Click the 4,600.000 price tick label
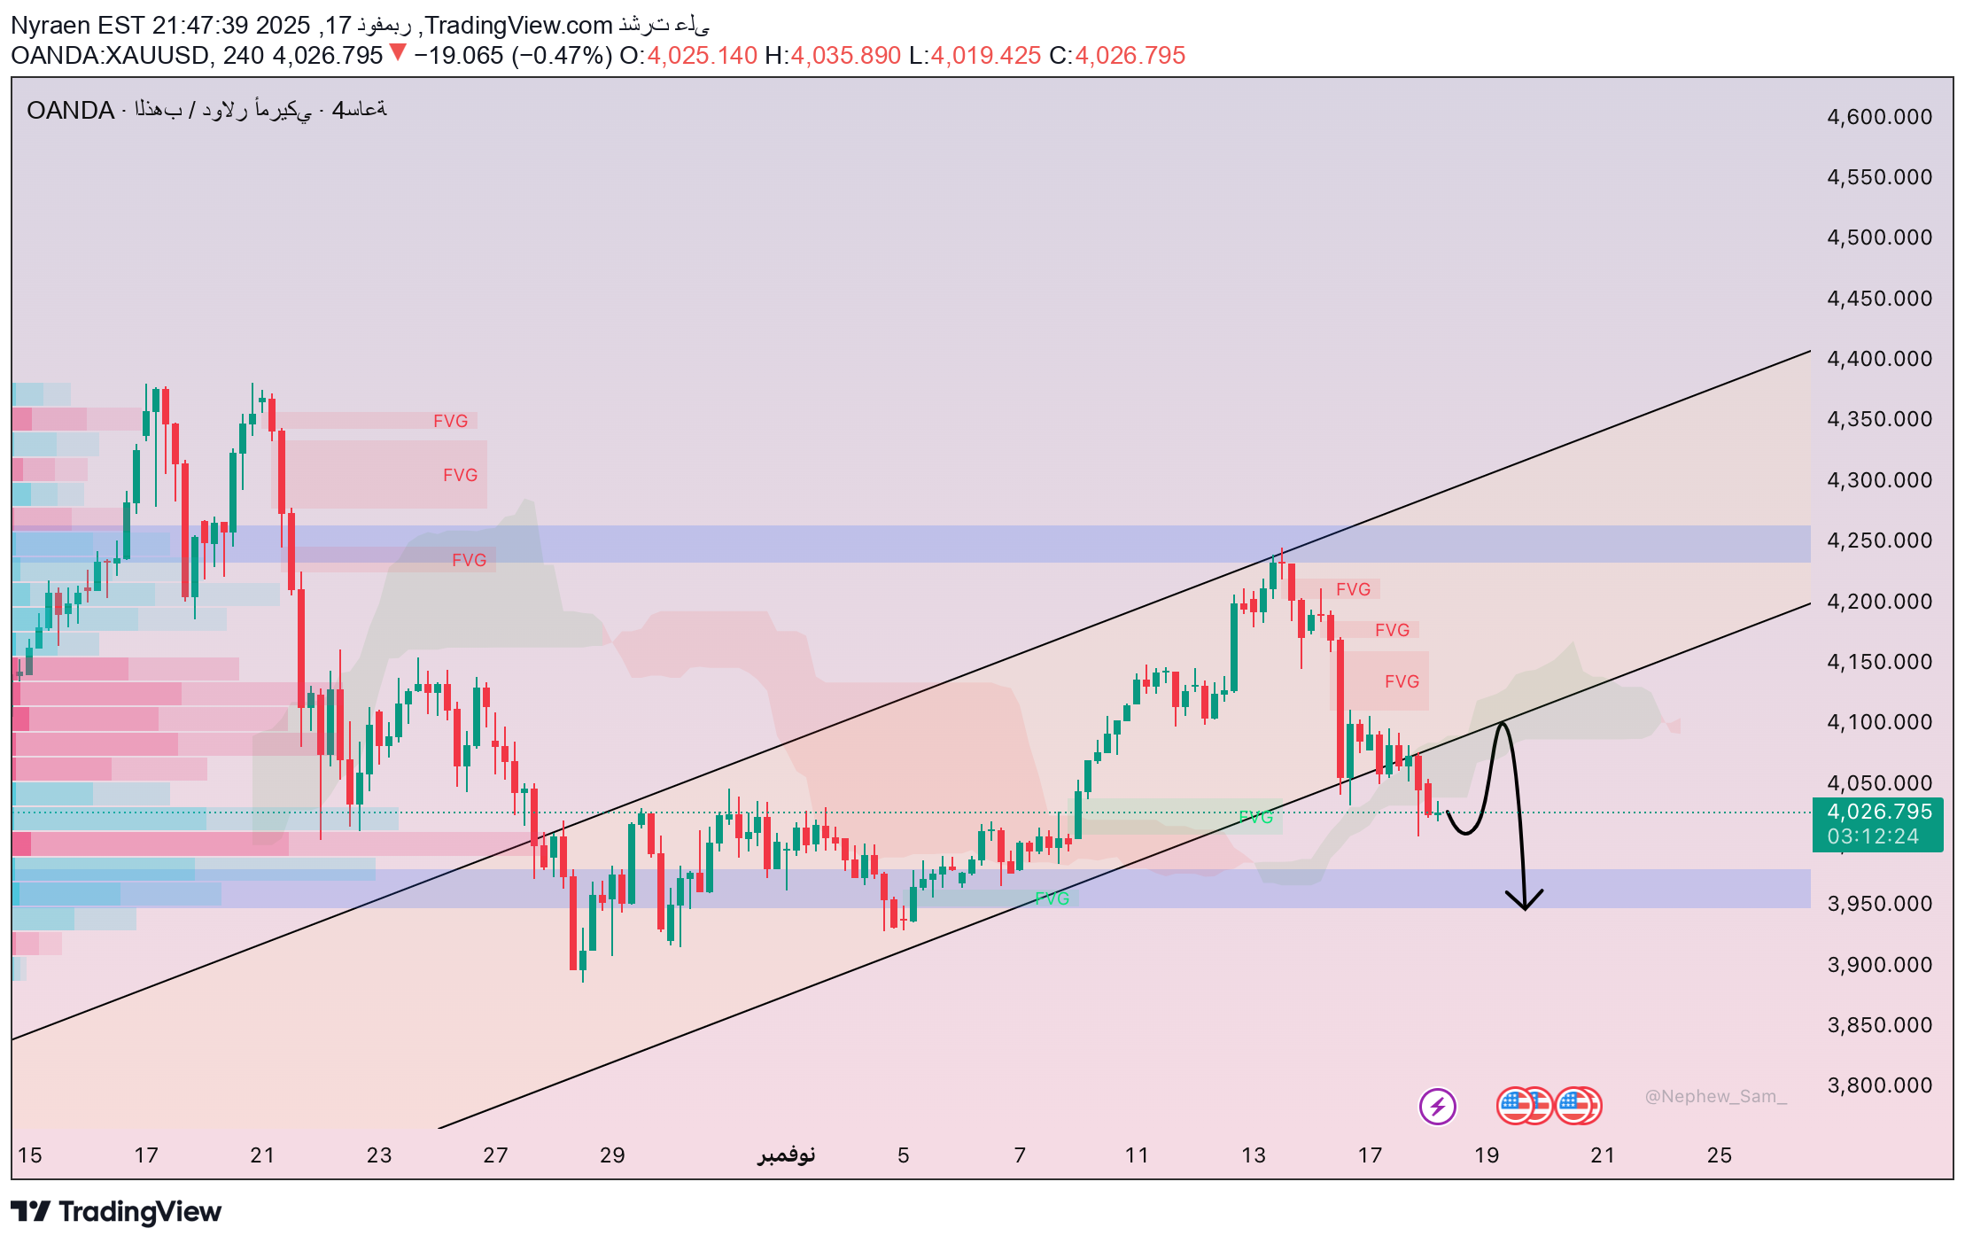tap(1879, 117)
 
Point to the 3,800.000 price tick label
tap(1879, 1085)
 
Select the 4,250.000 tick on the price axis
tap(1879, 540)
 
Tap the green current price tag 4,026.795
tap(1878, 812)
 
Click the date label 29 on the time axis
tap(612, 1155)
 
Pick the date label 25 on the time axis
tap(1719, 1155)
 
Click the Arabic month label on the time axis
tap(787, 1155)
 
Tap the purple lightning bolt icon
tap(1437, 1106)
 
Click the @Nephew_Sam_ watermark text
tap(1715, 1097)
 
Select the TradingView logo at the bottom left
tap(116, 1211)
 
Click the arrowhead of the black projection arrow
tap(1525, 906)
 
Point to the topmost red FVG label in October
tap(450, 421)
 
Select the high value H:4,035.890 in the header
tap(833, 56)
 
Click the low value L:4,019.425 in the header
tap(975, 56)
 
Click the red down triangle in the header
tap(398, 53)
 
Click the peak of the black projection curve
tap(1502, 725)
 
